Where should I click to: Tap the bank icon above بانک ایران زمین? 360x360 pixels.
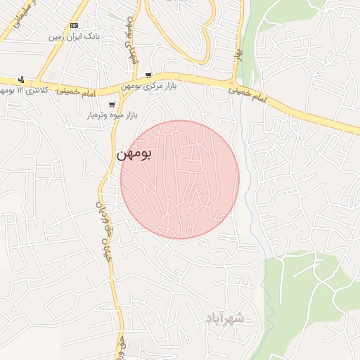click(x=74, y=25)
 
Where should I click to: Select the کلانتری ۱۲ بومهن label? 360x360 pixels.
click(x=31, y=91)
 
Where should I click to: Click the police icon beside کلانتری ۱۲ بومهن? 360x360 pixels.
click(x=21, y=79)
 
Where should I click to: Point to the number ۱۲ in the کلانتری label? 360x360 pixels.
click(x=20, y=91)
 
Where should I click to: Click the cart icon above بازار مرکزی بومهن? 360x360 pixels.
click(x=148, y=75)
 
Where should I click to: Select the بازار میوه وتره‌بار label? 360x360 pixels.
click(x=112, y=114)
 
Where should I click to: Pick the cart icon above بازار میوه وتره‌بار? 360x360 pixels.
click(x=112, y=104)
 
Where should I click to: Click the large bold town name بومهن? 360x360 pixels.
click(x=135, y=154)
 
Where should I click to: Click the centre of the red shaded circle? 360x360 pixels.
click(x=180, y=179)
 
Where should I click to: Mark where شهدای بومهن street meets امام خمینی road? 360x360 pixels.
click(x=135, y=80)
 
